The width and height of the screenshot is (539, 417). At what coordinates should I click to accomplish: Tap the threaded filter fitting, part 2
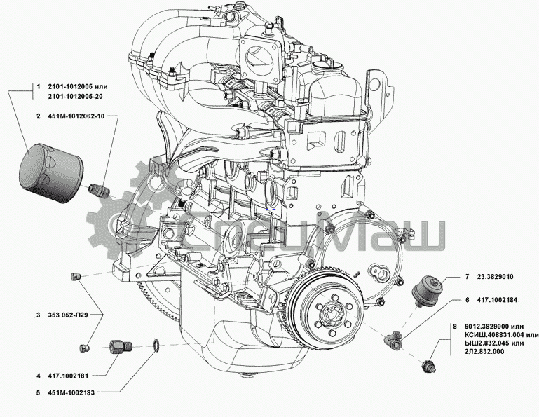click(99, 189)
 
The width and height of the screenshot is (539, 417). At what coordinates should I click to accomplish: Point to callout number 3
click(38, 316)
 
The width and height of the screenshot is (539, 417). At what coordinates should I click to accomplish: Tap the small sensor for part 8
click(428, 365)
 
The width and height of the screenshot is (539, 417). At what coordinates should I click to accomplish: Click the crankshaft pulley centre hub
click(329, 317)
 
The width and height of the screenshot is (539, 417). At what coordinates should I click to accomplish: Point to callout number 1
click(38, 87)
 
